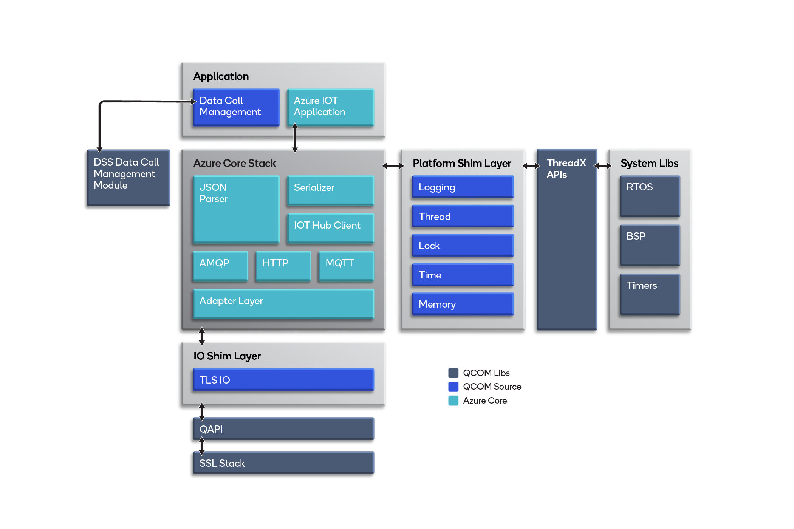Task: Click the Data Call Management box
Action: [x=236, y=107]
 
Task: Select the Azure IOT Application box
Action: [x=331, y=107]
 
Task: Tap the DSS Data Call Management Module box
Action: [x=128, y=178]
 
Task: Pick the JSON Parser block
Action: [x=236, y=209]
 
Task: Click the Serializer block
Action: [x=331, y=190]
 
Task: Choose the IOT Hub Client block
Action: [x=331, y=228]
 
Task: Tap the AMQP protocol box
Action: [x=220, y=266]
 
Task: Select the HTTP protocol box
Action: [x=283, y=266]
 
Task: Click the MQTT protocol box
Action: [x=346, y=266]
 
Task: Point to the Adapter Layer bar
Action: [x=283, y=304]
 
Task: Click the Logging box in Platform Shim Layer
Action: [x=463, y=187]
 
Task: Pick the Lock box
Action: [x=463, y=246]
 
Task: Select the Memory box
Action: [x=463, y=304]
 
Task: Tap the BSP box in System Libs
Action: [x=650, y=245]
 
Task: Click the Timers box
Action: [x=650, y=294]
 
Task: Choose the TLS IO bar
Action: [x=283, y=380]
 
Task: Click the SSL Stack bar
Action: [x=283, y=463]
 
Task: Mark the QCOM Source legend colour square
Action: [x=453, y=387]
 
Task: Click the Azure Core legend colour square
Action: [x=453, y=401]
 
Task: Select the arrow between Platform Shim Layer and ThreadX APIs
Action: [x=531, y=166]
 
